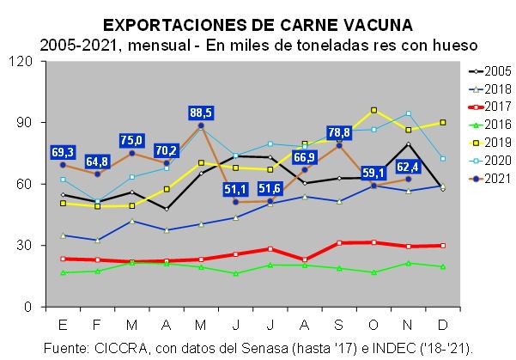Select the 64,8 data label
(97, 161)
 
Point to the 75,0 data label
(132, 140)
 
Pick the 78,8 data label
(338, 132)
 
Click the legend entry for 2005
(489, 70)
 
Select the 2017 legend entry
(489, 107)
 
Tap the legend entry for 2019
(489, 143)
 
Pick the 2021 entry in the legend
(489, 178)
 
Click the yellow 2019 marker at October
(373, 110)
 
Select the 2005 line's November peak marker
(408, 144)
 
